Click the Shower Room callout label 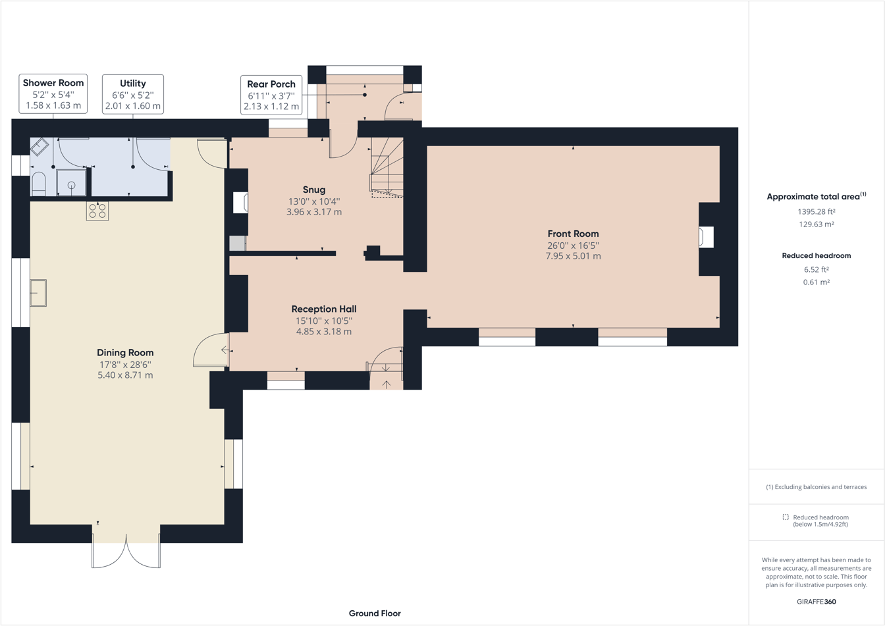[53, 93]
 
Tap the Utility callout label [132, 94]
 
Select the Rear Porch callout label [271, 95]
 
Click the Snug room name [314, 190]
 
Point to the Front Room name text [573, 234]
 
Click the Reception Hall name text [324, 309]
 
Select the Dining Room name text [125, 353]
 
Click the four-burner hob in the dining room [97, 211]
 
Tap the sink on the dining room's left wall [38, 293]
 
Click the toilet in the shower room [39, 184]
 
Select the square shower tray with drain [71, 183]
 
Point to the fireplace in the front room [706, 237]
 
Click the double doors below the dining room [126, 552]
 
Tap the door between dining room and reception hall [211, 350]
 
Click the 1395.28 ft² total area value [816, 212]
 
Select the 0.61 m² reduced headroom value [816, 282]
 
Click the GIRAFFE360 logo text [816, 602]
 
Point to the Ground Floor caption [375, 613]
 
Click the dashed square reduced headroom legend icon [786, 517]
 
